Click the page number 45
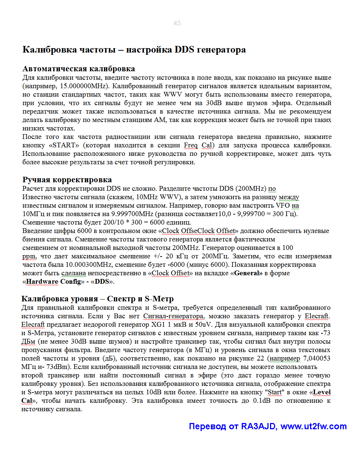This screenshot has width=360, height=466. click(x=177, y=23)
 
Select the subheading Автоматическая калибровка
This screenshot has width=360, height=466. click(x=79, y=69)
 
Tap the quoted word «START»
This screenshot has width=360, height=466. click(x=64, y=145)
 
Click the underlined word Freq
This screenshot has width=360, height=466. click(x=191, y=145)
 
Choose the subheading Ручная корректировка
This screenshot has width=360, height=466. click(x=67, y=180)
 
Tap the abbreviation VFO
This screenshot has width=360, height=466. click(x=283, y=205)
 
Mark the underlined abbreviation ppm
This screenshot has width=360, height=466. click(x=29, y=256)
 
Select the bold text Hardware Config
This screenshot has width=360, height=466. click(x=53, y=282)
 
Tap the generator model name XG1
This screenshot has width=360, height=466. click(x=158, y=325)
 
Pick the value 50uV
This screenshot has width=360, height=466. click(x=203, y=325)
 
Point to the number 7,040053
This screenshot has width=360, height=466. click(x=316, y=358)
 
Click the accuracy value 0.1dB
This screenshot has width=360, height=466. click(x=262, y=401)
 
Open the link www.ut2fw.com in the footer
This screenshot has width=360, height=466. click(x=313, y=426)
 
